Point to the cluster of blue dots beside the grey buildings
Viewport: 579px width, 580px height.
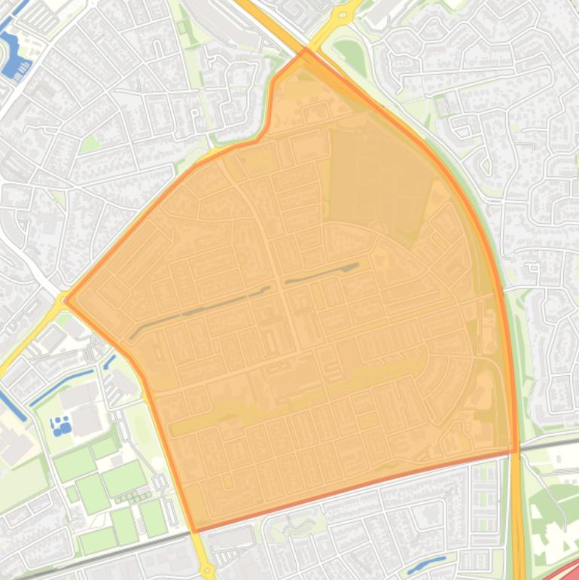click(61, 426)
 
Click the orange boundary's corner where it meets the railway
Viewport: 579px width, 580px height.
click(517, 451)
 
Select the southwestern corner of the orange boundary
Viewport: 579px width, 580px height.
click(195, 531)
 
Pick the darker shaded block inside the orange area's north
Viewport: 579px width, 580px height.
click(376, 181)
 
